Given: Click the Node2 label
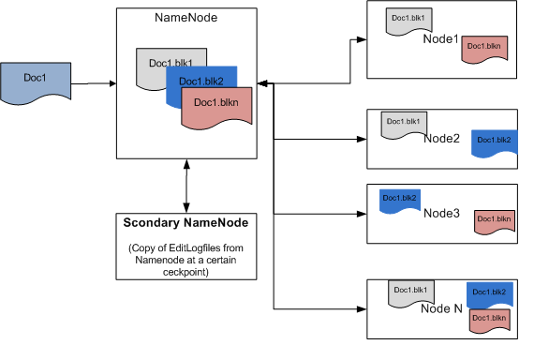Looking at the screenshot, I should [x=441, y=139].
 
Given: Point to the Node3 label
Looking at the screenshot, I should [x=442, y=213].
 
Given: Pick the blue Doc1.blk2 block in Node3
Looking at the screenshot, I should [x=399, y=199].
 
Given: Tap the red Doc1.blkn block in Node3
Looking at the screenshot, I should [x=494, y=220].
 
